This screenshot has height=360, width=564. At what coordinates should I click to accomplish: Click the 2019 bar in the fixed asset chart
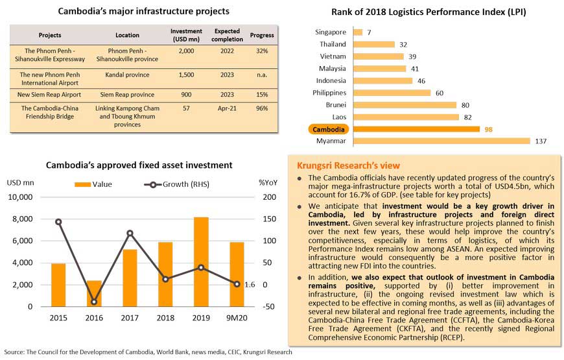[201, 261]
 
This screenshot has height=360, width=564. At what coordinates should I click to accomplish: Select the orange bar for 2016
[94, 293]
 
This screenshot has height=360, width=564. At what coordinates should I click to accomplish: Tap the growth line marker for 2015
[58, 222]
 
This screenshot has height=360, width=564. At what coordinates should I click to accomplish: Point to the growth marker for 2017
[130, 234]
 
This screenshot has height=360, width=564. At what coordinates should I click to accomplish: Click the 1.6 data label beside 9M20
[250, 285]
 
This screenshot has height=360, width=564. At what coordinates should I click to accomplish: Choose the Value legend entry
[93, 184]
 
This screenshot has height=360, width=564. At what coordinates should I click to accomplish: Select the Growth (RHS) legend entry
[176, 184]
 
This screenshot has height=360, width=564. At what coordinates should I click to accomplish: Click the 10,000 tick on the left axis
[20, 197]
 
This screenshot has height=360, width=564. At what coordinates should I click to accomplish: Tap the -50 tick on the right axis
[268, 307]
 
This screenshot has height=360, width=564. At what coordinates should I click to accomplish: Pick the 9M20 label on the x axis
[237, 318]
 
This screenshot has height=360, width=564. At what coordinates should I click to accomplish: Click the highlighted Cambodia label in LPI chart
[329, 129]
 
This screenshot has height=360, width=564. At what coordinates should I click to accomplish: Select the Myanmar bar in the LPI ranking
[441, 141]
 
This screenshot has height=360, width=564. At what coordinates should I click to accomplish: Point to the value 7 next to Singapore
[369, 32]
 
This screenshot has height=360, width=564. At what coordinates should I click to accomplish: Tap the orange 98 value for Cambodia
[488, 130]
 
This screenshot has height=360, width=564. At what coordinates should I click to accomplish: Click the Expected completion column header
[227, 35]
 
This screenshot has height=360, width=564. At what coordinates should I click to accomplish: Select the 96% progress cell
[262, 108]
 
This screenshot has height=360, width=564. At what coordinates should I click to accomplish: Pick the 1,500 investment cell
[186, 75]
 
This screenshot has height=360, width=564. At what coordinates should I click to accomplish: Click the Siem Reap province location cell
[127, 95]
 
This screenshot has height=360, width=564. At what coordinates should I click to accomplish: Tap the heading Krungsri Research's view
[348, 165]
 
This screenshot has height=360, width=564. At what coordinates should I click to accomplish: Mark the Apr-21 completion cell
[227, 108]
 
